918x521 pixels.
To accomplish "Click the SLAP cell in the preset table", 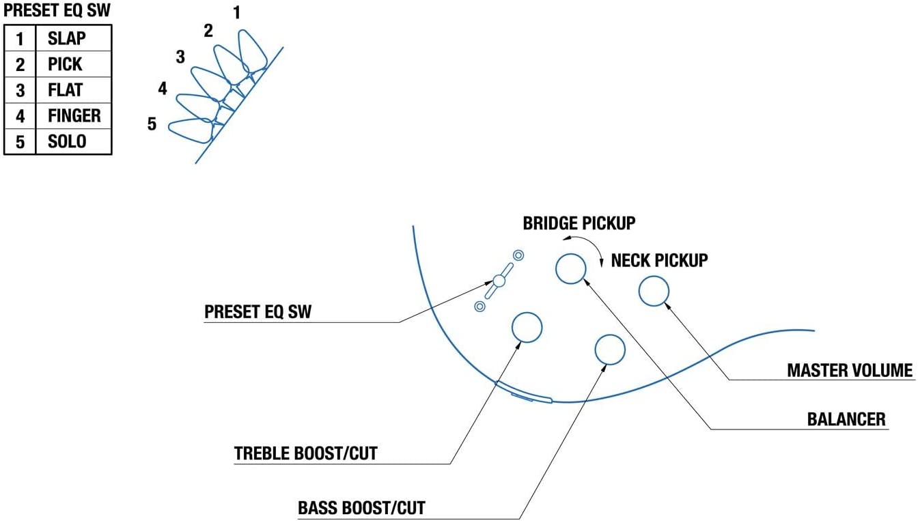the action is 67,38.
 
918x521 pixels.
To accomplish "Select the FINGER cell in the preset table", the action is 74,115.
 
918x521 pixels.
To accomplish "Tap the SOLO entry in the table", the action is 67,141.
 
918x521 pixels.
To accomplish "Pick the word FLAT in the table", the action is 65,89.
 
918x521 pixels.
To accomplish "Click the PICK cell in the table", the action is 65,64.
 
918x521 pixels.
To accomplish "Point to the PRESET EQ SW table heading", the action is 57,10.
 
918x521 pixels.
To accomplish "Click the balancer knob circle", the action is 570,254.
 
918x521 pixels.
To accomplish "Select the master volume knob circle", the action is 654,277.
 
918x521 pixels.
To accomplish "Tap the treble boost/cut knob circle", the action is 527,313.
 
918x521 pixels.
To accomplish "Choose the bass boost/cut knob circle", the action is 610,335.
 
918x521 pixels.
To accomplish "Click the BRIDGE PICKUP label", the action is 579,223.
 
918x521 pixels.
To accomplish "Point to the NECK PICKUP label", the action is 659,260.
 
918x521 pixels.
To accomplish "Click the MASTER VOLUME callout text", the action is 850,370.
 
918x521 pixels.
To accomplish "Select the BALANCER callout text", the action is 846,419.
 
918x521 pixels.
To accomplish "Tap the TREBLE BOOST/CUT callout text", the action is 306,453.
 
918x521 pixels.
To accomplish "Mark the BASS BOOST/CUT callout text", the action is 361,508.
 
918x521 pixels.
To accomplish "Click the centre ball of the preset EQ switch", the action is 499,281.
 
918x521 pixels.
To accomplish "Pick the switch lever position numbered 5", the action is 192,130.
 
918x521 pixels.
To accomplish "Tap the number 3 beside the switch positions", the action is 180,57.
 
